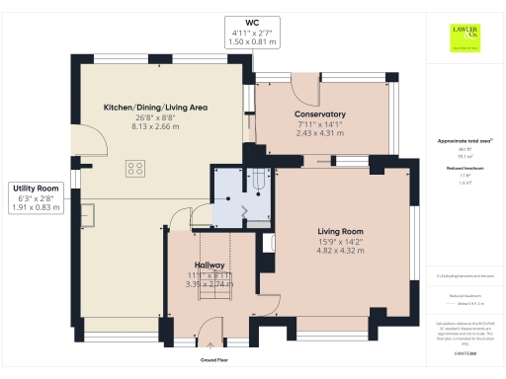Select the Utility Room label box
[x=35, y=197]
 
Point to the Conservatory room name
[x=319, y=114]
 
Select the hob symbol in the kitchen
[x=135, y=169]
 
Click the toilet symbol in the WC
[x=258, y=181]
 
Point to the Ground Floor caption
[x=209, y=359]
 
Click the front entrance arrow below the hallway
[x=209, y=345]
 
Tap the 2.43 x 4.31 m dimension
[x=319, y=133]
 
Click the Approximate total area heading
[x=464, y=141]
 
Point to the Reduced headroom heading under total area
[x=464, y=169]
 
